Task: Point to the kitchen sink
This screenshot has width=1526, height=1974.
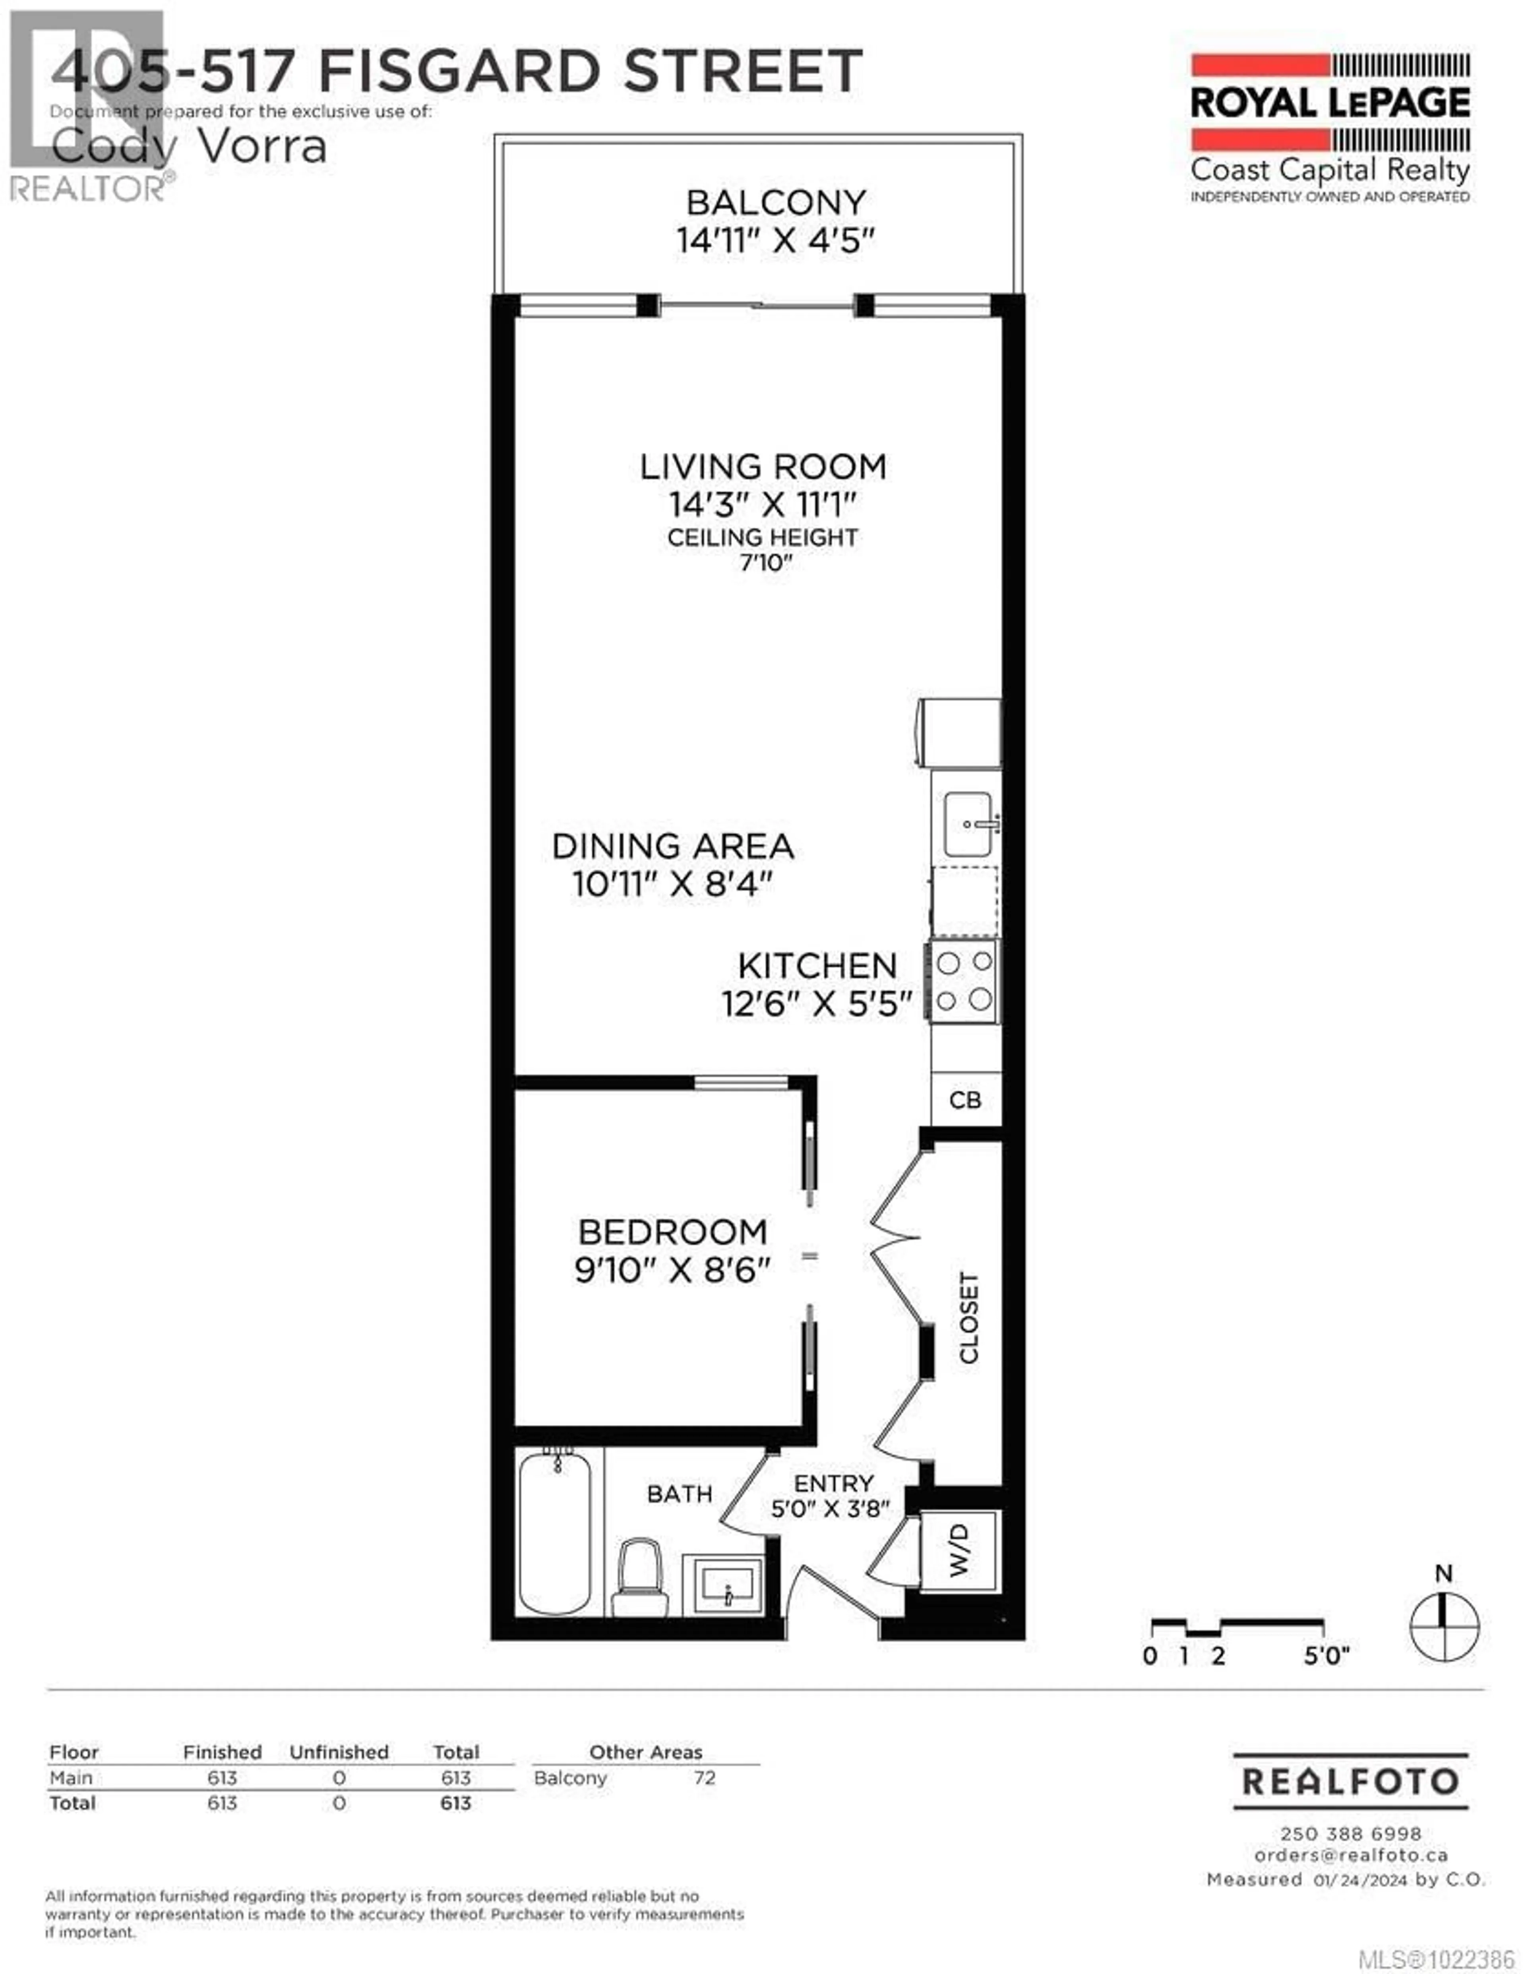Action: pyautogui.click(x=968, y=823)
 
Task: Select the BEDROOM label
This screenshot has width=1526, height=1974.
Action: pyautogui.click(x=673, y=1232)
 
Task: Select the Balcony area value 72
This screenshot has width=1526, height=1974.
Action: pyautogui.click(x=704, y=1778)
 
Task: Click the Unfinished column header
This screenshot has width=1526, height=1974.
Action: pyautogui.click(x=339, y=1752)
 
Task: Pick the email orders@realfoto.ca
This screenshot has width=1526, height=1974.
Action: pyautogui.click(x=1351, y=1855)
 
